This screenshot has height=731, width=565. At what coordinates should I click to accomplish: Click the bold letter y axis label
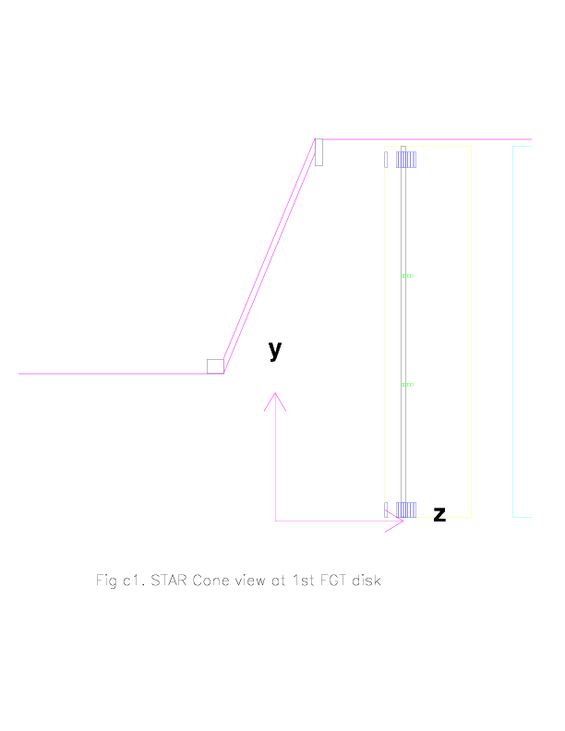coord(275,350)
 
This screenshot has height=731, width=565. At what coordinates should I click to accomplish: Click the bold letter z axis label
coord(439,514)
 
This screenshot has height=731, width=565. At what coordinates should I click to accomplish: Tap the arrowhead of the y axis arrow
coord(275,393)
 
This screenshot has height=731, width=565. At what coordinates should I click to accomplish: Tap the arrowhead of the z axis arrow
coord(403,521)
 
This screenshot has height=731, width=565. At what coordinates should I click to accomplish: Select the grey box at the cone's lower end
coord(215,366)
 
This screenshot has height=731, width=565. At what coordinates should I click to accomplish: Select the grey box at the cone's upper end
coord(319,152)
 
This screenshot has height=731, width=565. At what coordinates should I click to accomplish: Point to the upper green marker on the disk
coord(407,276)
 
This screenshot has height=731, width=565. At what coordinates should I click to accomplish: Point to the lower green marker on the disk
coord(407,385)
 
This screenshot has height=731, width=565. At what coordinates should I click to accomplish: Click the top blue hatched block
coord(406,160)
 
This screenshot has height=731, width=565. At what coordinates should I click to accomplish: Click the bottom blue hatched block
coord(406,510)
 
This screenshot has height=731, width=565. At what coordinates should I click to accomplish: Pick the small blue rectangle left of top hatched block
coord(386,160)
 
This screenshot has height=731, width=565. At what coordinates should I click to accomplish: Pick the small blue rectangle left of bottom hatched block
coord(386,510)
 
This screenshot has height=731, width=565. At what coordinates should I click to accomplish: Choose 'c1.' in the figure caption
coord(134,581)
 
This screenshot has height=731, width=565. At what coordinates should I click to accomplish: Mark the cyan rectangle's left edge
coord(512,331)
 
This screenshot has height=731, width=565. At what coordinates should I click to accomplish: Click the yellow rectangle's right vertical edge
coord(472,331)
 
